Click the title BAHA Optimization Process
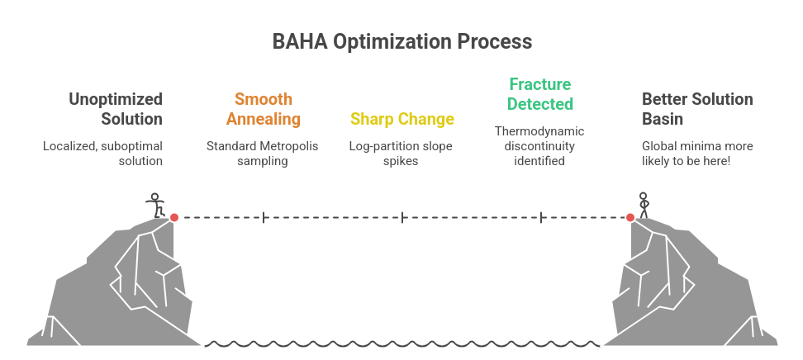401,42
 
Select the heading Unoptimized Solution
116,109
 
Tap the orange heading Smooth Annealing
263,109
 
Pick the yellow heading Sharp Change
401,119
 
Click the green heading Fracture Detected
540,94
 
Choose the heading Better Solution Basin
697,109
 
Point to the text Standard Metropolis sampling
263,154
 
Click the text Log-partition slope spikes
401,154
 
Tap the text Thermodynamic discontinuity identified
540,146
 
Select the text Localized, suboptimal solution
102,154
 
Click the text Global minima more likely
697,154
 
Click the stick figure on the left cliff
154,206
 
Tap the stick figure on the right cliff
644,206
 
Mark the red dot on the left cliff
173,217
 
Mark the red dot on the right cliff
630,217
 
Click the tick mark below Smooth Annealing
264,217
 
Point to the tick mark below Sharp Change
402,217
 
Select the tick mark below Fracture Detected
541,217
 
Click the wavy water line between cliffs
401,343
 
